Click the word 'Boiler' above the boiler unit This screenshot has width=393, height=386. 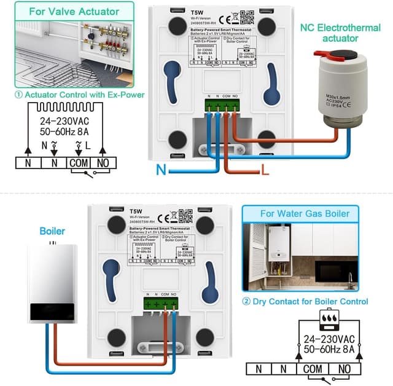(x=52, y=231)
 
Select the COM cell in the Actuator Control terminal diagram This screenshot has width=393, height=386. (x=79, y=163)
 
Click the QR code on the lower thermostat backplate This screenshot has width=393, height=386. (x=185, y=216)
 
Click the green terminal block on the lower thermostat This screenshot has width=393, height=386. (x=161, y=303)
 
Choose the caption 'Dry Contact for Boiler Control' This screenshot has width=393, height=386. (x=305, y=301)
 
